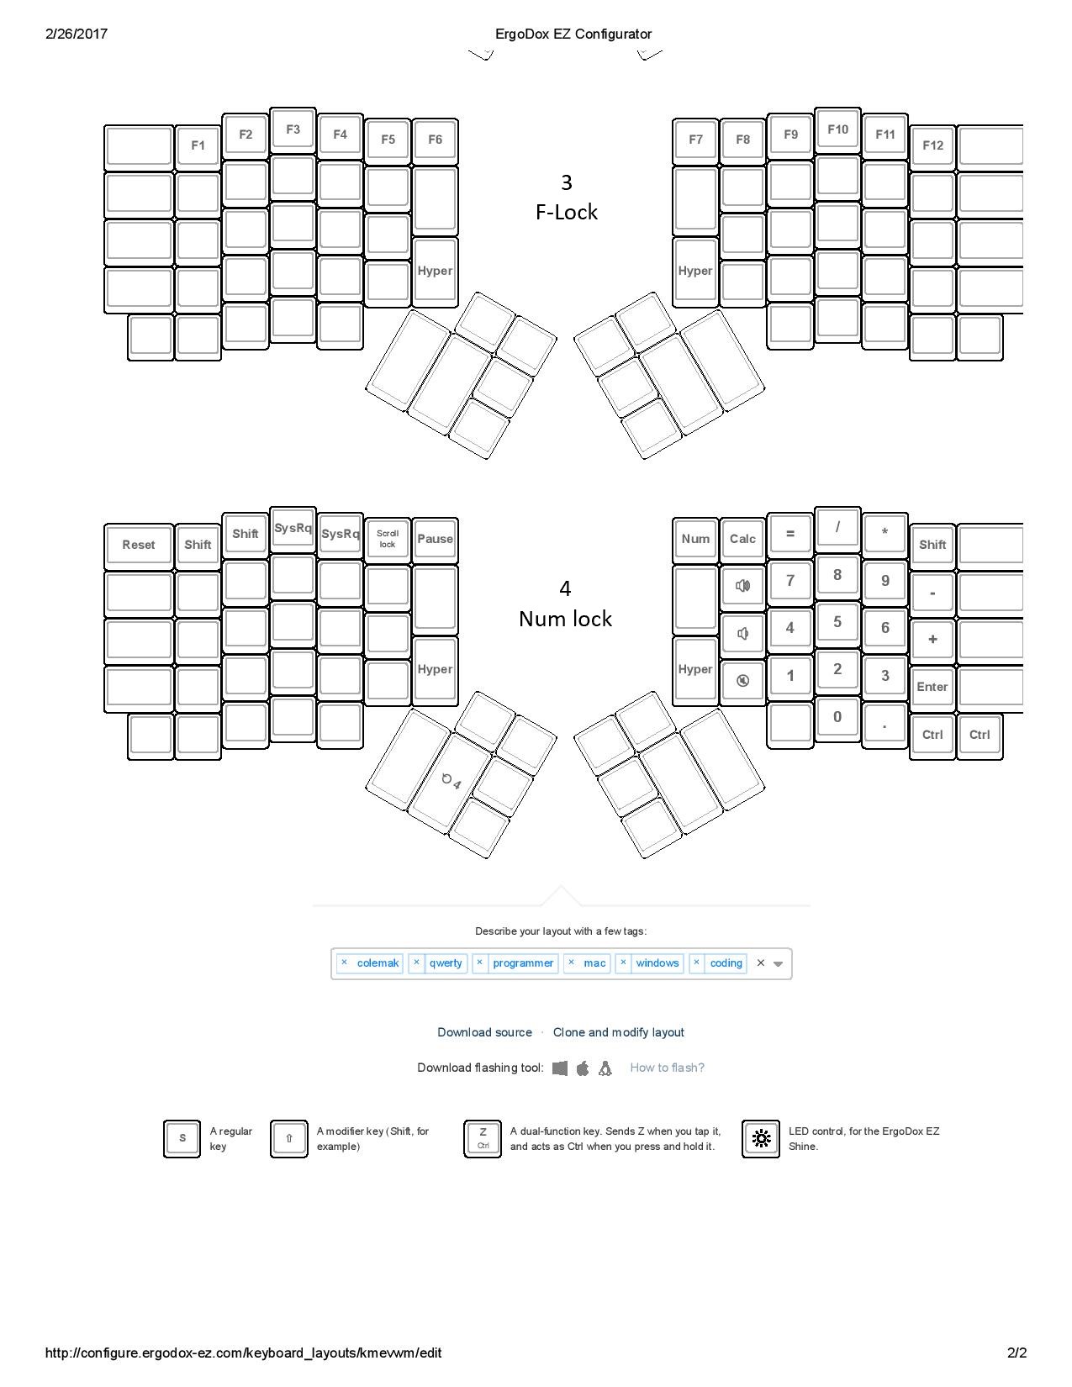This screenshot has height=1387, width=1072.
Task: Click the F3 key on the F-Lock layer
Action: coord(293,130)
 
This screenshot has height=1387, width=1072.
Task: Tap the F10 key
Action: coord(837,130)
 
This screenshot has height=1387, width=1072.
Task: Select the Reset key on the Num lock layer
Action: coord(139,545)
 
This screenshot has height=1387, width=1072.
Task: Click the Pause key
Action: coord(435,539)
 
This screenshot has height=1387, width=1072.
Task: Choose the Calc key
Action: coord(742,539)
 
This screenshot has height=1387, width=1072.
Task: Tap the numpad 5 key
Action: coord(837,622)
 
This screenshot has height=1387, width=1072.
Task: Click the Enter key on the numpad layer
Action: coord(932,687)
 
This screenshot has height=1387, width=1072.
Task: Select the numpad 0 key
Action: coord(837,717)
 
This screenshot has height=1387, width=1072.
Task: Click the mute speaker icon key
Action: coord(742,681)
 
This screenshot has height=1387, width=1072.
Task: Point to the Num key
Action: coord(695,539)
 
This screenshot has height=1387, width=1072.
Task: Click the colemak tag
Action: coord(378,963)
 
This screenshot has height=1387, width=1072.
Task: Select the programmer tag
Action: coord(522,963)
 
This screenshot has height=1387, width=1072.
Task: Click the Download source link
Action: coord(484,1032)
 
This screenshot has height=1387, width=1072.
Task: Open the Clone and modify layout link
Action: coord(618,1032)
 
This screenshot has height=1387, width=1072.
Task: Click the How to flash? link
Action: coord(667,1068)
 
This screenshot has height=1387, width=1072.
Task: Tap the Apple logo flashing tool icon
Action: coord(583,1068)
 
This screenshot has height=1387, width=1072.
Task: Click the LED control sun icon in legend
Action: coord(760,1139)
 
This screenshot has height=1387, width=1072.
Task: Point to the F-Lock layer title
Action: coord(566,212)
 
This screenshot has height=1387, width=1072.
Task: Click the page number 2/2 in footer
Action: coord(1017,1353)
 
